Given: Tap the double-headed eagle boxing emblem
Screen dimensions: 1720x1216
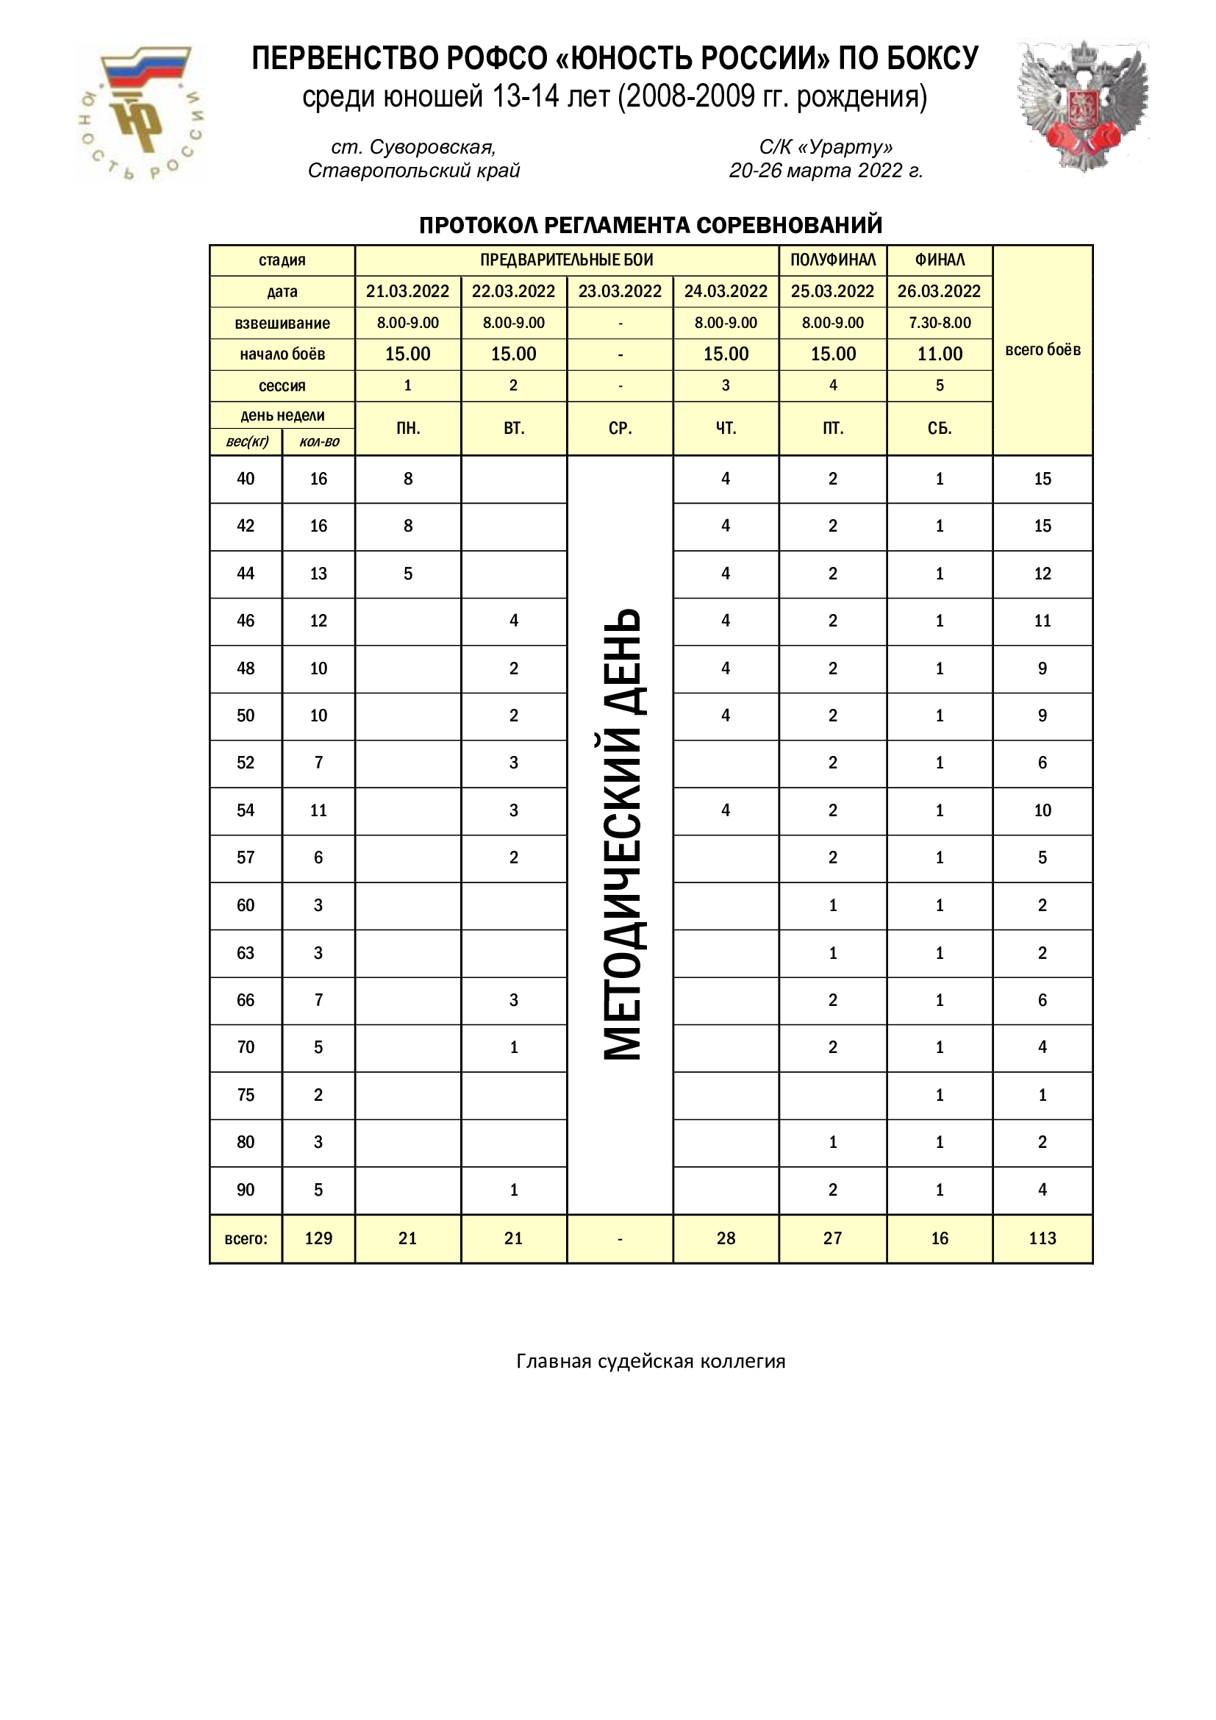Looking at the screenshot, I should (1083, 107).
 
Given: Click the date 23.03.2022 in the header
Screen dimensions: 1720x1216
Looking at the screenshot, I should (620, 291).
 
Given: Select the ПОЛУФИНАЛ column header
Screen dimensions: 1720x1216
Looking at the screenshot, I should (833, 260).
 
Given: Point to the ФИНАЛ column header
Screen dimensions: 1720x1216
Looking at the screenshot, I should (940, 260).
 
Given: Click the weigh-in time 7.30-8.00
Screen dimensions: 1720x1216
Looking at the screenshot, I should (940, 323).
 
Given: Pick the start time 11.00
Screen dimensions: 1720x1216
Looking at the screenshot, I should (940, 354).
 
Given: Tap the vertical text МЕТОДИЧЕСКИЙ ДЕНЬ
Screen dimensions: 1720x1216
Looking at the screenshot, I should (622, 834).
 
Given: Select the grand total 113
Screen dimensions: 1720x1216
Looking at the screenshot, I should (1042, 1238).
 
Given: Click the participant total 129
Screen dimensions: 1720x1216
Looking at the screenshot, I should (318, 1238).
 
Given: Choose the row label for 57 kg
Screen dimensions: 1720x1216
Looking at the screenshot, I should (246, 857).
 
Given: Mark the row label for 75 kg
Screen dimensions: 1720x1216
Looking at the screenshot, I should (246, 1095).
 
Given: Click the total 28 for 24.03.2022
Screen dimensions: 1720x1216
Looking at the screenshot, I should (726, 1238).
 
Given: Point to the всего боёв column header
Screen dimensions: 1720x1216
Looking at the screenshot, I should (1042, 350).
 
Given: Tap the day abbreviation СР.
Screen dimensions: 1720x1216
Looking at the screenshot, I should (620, 429).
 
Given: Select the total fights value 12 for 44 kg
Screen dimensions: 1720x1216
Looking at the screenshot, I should (1042, 574).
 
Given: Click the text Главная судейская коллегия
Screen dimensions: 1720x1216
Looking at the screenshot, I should (651, 1361).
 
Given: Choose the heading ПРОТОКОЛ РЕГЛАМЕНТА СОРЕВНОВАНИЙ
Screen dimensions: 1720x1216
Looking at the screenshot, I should (651, 225).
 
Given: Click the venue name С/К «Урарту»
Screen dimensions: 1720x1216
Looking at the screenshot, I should (826, 147).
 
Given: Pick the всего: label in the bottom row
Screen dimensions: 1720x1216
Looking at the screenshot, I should (246, 1239).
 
